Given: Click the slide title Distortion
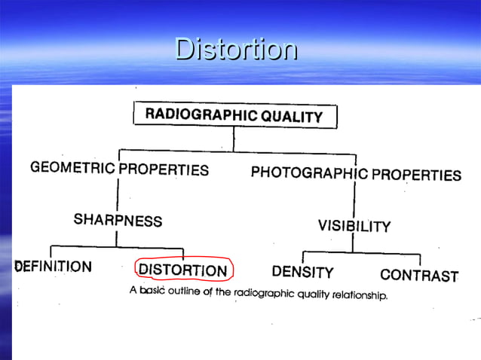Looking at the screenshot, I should pyautogui.click(x=236, y=50).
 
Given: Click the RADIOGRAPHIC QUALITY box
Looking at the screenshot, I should pyautogui.click(x=234, y=115).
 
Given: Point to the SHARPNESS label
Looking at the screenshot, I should pyautogui.click(x=118, y=220).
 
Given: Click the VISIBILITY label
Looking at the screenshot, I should pyautogui.click(x=354, y=225).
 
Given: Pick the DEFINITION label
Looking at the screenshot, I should pyautogui.click(x=53, y=266).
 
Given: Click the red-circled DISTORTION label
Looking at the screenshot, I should pyautogui.click(x=183, y=270).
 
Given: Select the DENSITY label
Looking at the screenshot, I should pyautogui.click(x=302, y=271).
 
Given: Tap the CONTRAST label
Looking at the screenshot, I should pyautogui.click(x=419, y=275).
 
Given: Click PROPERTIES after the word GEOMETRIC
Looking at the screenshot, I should pyautogui.click(x=164, y=169).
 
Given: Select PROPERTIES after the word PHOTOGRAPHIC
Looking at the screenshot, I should pyautogui.click(x=414, y=175).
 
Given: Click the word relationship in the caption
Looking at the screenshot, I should pyautogui.click(x=357, y=295).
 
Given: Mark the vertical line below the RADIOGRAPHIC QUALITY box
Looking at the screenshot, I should pyautogui.click(x=234, y=138).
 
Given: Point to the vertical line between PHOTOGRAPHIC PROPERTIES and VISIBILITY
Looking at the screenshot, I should pyautogui.click(x=354, y=200).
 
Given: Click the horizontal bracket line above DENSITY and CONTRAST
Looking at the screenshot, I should pyautogui.click(x=362, y=252).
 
